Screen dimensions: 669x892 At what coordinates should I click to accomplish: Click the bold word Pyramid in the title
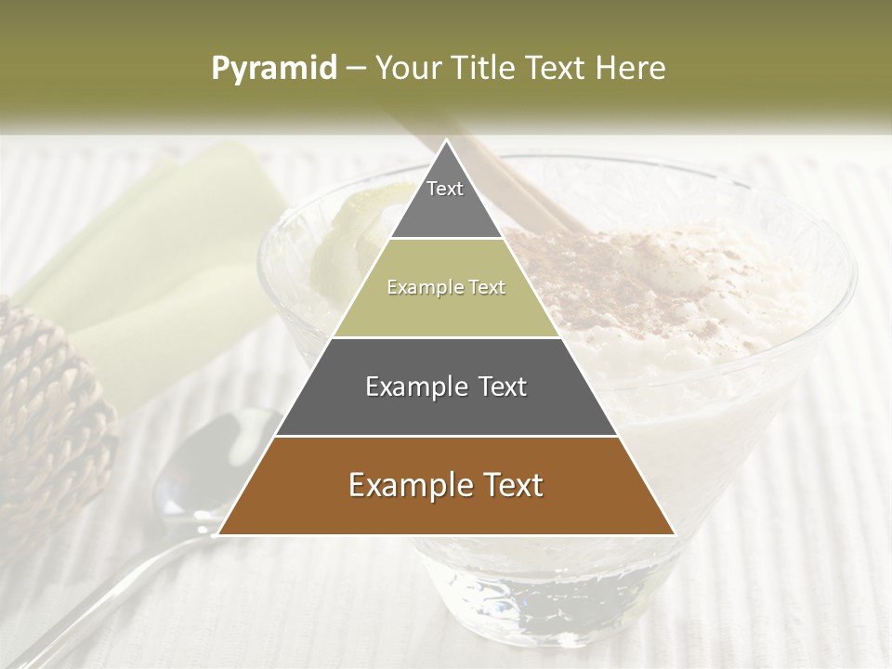coord(273,68)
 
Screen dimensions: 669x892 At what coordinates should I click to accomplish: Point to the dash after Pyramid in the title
coord(354,69)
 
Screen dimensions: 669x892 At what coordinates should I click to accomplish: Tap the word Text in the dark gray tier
coord(496,387)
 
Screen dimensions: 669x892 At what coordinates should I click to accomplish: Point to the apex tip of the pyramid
coord(446,141)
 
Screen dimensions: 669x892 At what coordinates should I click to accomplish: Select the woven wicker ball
coord(46,409)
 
